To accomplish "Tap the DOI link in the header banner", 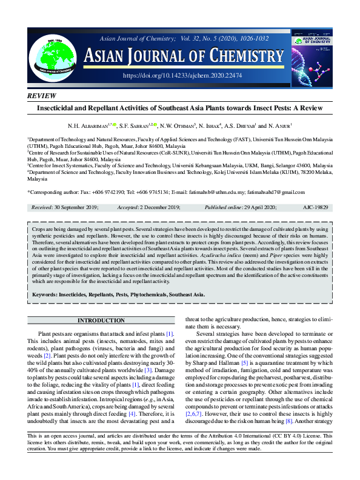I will click(x=182, y=75).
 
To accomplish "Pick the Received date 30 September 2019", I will click(x=77, y=207).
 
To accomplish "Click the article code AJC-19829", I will click(x=315, y=207).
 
